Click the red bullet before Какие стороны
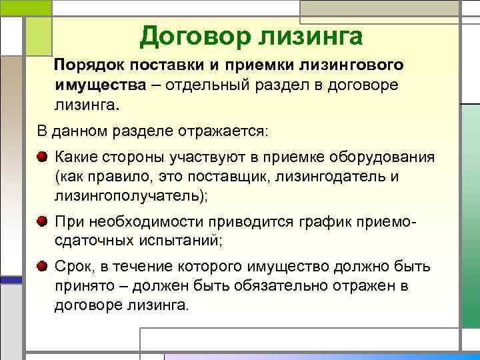43,157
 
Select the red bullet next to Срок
43,266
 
